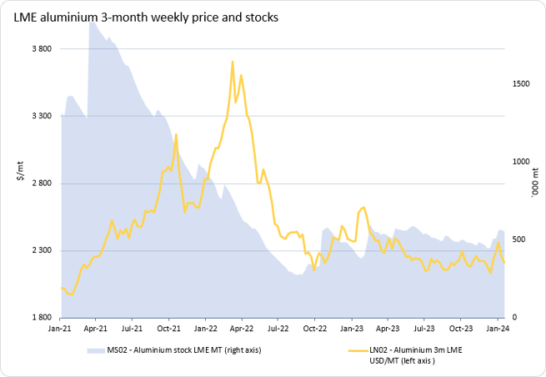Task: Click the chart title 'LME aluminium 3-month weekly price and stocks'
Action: point(146,17)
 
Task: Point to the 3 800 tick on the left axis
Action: point(42,49)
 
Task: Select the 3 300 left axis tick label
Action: point(42,116)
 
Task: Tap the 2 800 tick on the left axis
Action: point(42,183)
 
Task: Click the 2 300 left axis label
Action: point(42,251)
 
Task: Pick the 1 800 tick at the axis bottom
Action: point(42,318)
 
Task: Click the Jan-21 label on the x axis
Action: point(60,330)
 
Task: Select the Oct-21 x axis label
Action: point(169,330)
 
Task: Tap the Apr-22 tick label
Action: point(242,330)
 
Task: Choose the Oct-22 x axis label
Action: point(314,330)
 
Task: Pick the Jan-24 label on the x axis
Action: point(497,330)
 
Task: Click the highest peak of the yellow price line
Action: point(232,62)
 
